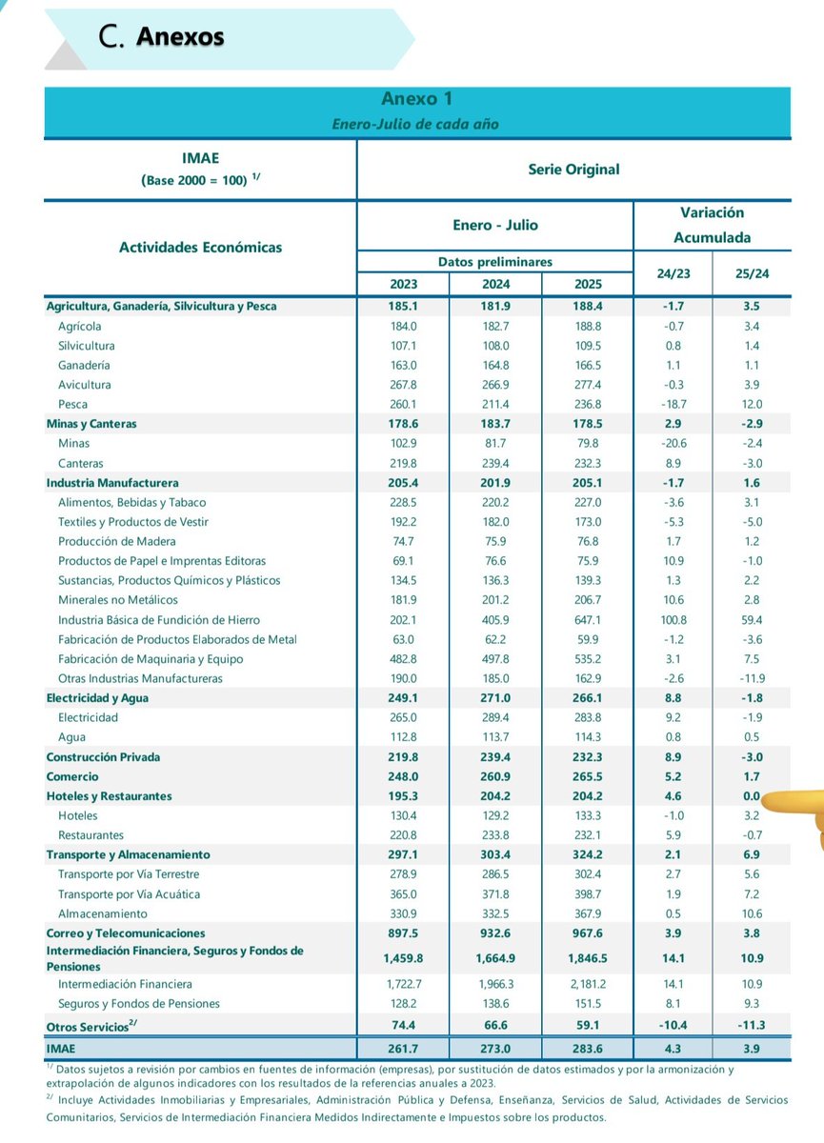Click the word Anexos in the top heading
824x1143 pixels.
[x=180, y=37]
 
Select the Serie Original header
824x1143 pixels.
[x=573, y=170]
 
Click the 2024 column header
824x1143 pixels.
[x=495, y=285]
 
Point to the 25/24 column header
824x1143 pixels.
[x=752, y=273]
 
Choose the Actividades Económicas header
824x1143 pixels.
[x=200, y=248]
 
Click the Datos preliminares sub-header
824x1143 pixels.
[x=495, y=262]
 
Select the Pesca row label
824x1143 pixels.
[x=71, y=405]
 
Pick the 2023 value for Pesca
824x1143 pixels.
[x=403, y=405]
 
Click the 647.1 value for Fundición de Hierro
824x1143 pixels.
[x=587, y=620]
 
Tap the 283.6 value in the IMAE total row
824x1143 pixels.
[x=587, y=1049]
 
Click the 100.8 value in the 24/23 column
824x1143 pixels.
[x=673, y=620]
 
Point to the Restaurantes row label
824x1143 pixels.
[x=90, y=835]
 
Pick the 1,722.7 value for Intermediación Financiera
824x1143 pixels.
[x=403, y=984]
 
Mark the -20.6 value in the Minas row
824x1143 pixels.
[x=673, y=444]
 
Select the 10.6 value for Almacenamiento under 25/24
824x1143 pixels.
[x=752, y=913]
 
